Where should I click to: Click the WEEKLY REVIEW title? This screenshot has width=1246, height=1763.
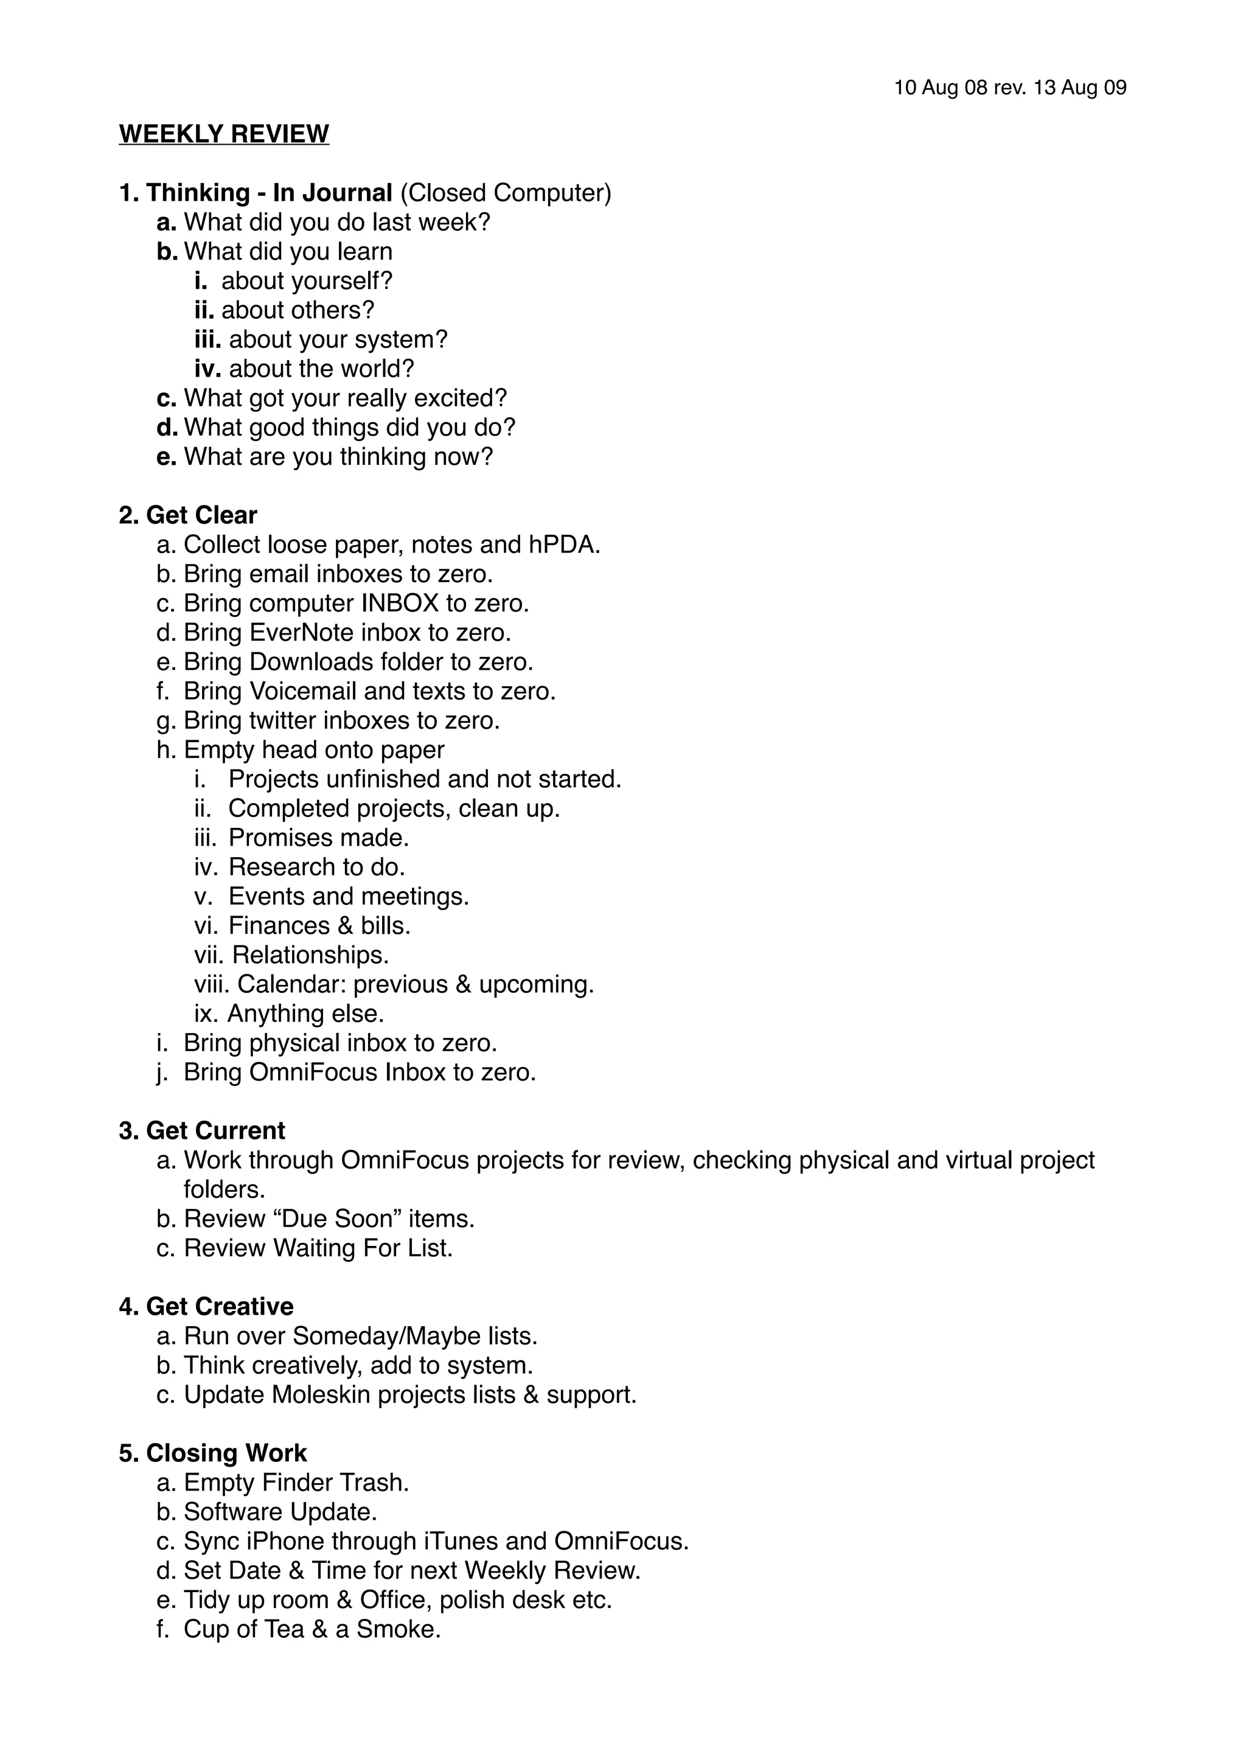coord(223,134)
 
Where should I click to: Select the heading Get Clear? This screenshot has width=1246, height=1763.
coord(201,515)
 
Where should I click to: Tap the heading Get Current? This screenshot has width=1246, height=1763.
coord(215,1130)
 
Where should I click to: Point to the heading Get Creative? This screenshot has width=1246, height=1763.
coord(220,1306)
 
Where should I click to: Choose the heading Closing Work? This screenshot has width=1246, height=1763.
coord(226,1453)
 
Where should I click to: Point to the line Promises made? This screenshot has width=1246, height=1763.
coord(319,837)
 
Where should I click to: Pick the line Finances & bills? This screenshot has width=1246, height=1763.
coord(319,925)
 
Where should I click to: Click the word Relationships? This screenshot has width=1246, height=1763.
coord(310,955)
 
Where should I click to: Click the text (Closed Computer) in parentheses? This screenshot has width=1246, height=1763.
coord(505,193)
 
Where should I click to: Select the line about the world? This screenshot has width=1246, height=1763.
coord(321,369)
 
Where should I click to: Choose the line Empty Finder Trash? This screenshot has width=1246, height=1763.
coord(296,1482)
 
